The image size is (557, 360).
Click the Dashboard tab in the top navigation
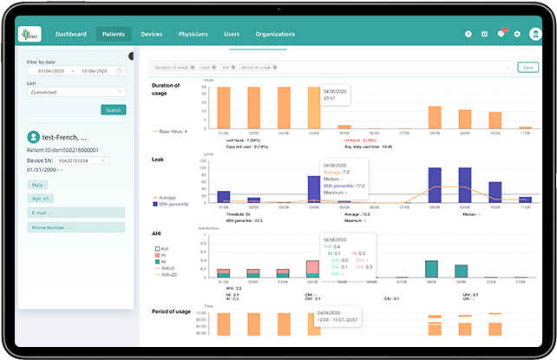click(x=71, y=34)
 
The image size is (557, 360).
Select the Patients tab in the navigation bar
click(x=113, y=34)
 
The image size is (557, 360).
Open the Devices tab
click(x=152, y=34)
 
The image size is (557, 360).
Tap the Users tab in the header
click(x=232, y=34)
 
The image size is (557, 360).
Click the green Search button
click(x=113, y=109)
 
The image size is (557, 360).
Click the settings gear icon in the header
click(x=517, y=34)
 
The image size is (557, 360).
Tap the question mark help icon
click(x=469, y=34)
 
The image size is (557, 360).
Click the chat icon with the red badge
click(x=501, y=34)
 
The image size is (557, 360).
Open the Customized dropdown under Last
click(x=76, y=91)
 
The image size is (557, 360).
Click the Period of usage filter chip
click(x=259, y=67)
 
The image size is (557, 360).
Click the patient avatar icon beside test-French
click(x=33, y=137)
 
